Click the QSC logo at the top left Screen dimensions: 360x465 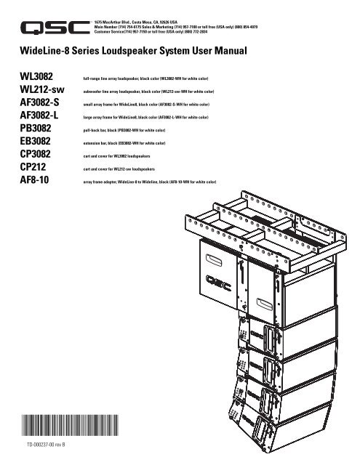click(55, 28)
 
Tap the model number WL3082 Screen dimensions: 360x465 click(36, 76)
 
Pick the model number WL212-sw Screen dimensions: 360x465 click(42, 89)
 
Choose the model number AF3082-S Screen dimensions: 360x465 click(39, 102)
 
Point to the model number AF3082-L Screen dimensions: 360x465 click(39, 115)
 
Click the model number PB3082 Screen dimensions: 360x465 click(36, 128)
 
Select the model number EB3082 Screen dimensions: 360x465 click(36, 141)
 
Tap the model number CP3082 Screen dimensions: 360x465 click(36, 154)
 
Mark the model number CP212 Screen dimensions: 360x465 click(33, 166)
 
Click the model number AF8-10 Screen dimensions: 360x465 click(34, 179)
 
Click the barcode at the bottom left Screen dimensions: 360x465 click(70, 425)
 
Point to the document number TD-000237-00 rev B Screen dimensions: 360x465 click(46, 445)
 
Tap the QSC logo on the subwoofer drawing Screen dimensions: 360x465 click(218, 283)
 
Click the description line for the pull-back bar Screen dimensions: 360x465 click(124, 130)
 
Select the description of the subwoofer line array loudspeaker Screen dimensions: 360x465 click(148, 92)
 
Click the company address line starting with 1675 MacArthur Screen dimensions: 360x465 click(135, 23)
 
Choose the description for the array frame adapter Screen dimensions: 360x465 click(150, 182)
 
